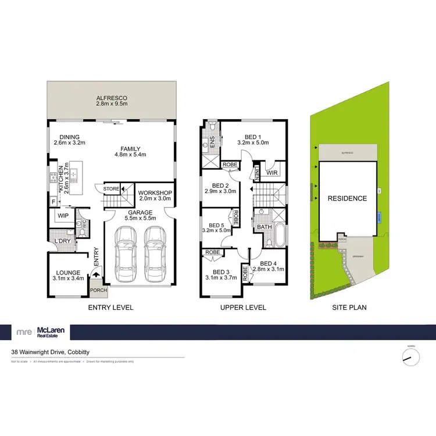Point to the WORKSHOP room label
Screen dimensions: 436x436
[154, 192]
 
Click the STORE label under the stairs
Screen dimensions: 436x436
[111, 188]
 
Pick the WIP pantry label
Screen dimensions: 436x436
[62, 216]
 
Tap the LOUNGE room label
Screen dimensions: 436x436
[68, 272]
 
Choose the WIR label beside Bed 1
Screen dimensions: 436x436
[271, 173]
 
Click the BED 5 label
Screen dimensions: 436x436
[216, 225]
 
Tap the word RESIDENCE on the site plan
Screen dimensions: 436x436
[348, 198]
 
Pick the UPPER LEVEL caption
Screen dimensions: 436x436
[244, 307]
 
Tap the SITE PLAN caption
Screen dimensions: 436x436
[349, 307]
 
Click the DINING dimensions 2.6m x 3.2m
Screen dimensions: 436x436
[70, 142]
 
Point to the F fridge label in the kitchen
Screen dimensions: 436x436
[53, 202]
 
